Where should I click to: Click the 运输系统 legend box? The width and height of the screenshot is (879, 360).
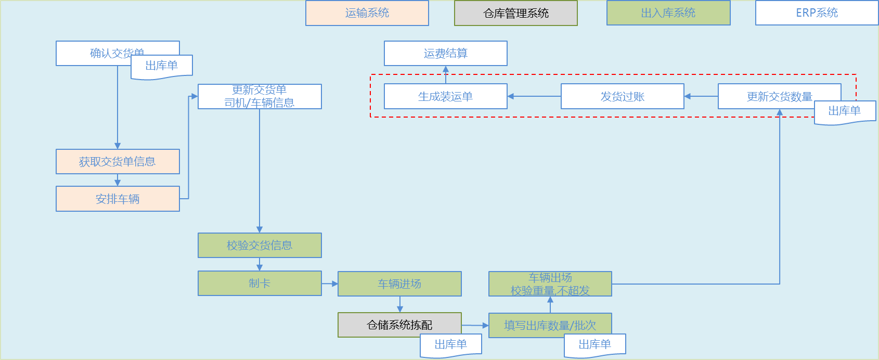coord(367,13)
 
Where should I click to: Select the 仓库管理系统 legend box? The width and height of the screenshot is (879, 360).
coord(516,13)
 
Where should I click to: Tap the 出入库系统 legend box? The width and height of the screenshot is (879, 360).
coord(668,13)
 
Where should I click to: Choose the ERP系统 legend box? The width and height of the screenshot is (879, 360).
coord(817,13)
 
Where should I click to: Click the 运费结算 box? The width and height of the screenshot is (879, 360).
coord(446,53)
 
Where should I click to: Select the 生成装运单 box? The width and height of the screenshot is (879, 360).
coord(446,96)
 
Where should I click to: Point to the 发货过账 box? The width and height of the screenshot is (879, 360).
coord(622,96)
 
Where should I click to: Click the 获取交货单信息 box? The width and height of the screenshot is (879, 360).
coord(118,161)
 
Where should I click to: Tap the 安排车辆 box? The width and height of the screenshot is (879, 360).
coord(118,199)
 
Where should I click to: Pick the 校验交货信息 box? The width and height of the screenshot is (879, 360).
coord(260,245)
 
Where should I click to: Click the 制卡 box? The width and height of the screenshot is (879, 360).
coord(260,283)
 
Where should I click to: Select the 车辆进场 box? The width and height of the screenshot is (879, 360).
coord(399,284)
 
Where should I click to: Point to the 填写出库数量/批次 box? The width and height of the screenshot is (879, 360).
coord(550,325)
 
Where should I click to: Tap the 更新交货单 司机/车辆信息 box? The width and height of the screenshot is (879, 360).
coord(260,96)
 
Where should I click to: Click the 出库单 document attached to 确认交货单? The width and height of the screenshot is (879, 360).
coord(162,66)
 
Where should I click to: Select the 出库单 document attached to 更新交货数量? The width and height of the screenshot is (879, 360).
coord(845,111)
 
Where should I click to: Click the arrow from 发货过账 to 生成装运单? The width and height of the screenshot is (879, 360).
coord(534,96)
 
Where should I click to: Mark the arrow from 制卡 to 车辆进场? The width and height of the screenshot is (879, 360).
coord(330,284)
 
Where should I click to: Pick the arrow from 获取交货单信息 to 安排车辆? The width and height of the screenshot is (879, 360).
coord(118,180)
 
